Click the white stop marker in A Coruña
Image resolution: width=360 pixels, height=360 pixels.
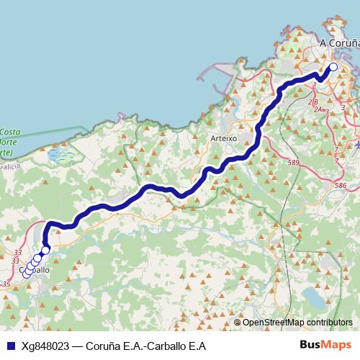tap(333, 68)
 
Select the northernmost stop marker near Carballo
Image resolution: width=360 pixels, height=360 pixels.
tap(45, 251)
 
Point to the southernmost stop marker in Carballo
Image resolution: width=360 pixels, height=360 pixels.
tap(27, 273)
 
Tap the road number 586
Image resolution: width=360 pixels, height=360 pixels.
tap(341, 185)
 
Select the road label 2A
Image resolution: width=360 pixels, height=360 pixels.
tap(318, 109)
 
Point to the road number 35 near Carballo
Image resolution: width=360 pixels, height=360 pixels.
tap(6, 284)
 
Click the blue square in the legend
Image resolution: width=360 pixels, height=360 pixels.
tap(10, 344)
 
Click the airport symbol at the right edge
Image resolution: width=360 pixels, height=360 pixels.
tap(356, 144)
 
